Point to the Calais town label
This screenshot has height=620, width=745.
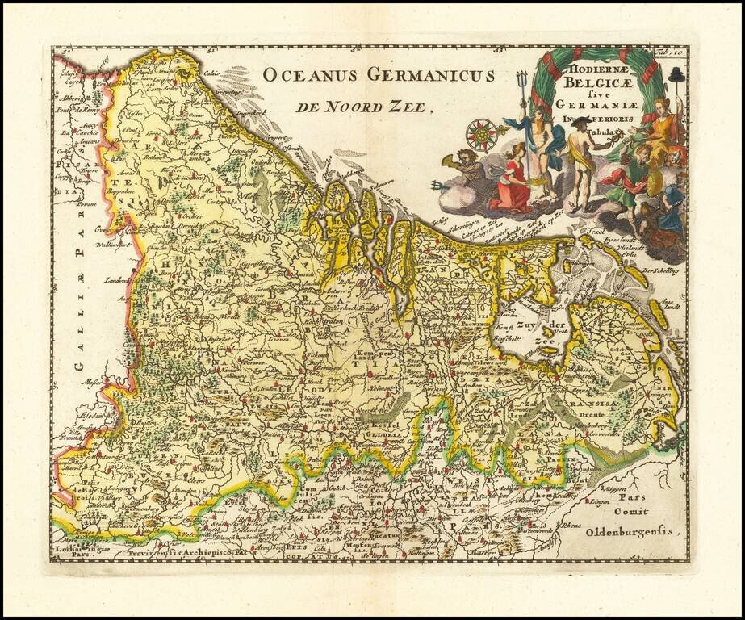tap(211, 73)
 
